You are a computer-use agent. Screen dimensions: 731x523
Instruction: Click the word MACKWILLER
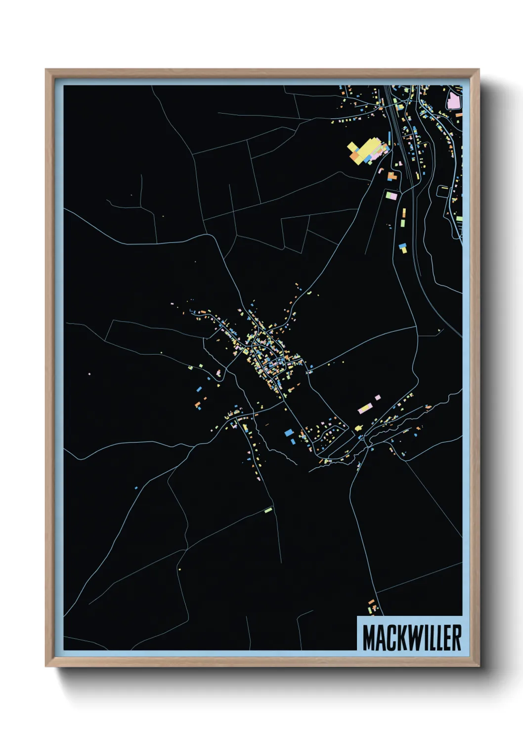[412, 638]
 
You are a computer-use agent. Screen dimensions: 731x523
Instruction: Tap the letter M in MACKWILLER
[368, 638]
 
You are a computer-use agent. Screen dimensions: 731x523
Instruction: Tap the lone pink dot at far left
[89, 374]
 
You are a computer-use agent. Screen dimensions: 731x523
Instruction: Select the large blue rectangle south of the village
[289, 433]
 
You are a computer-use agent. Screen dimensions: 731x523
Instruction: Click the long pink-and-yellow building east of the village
[365, 408]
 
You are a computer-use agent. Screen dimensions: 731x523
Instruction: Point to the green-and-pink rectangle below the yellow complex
[392, 195]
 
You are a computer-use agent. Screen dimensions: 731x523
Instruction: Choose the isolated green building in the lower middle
[268, 510]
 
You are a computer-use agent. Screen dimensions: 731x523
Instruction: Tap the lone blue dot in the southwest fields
[136, 488]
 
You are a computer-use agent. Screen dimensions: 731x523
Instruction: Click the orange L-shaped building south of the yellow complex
[392, 176]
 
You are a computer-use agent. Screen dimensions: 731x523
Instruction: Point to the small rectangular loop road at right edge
[443, 190]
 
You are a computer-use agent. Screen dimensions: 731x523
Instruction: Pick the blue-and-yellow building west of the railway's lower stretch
[403, 247]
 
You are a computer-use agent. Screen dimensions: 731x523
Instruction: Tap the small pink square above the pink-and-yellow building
[378, 397]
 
